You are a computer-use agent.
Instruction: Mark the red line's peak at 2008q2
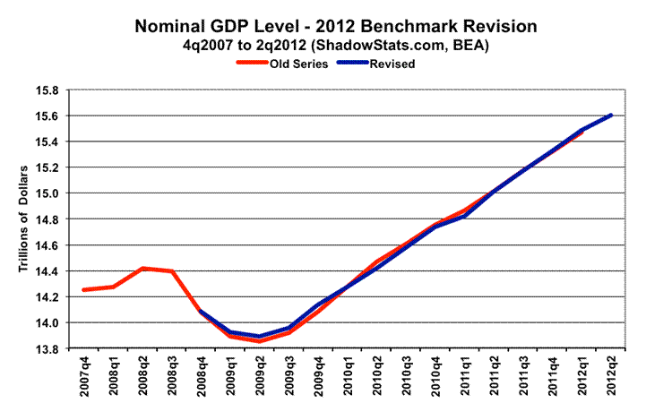[143, 268]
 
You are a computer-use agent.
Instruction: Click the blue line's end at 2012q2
[610, 115]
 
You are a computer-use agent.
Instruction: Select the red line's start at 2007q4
[83, 289]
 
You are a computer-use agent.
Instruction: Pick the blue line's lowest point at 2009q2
[258, 336]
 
